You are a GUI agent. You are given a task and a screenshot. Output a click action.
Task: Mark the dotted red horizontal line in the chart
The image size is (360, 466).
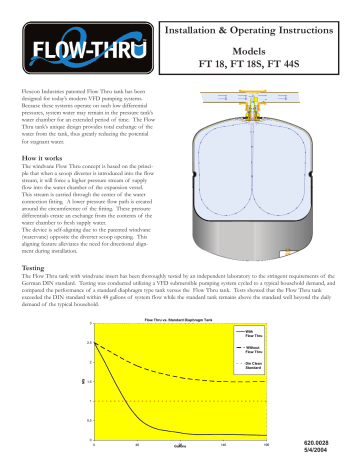click(180, 401)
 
